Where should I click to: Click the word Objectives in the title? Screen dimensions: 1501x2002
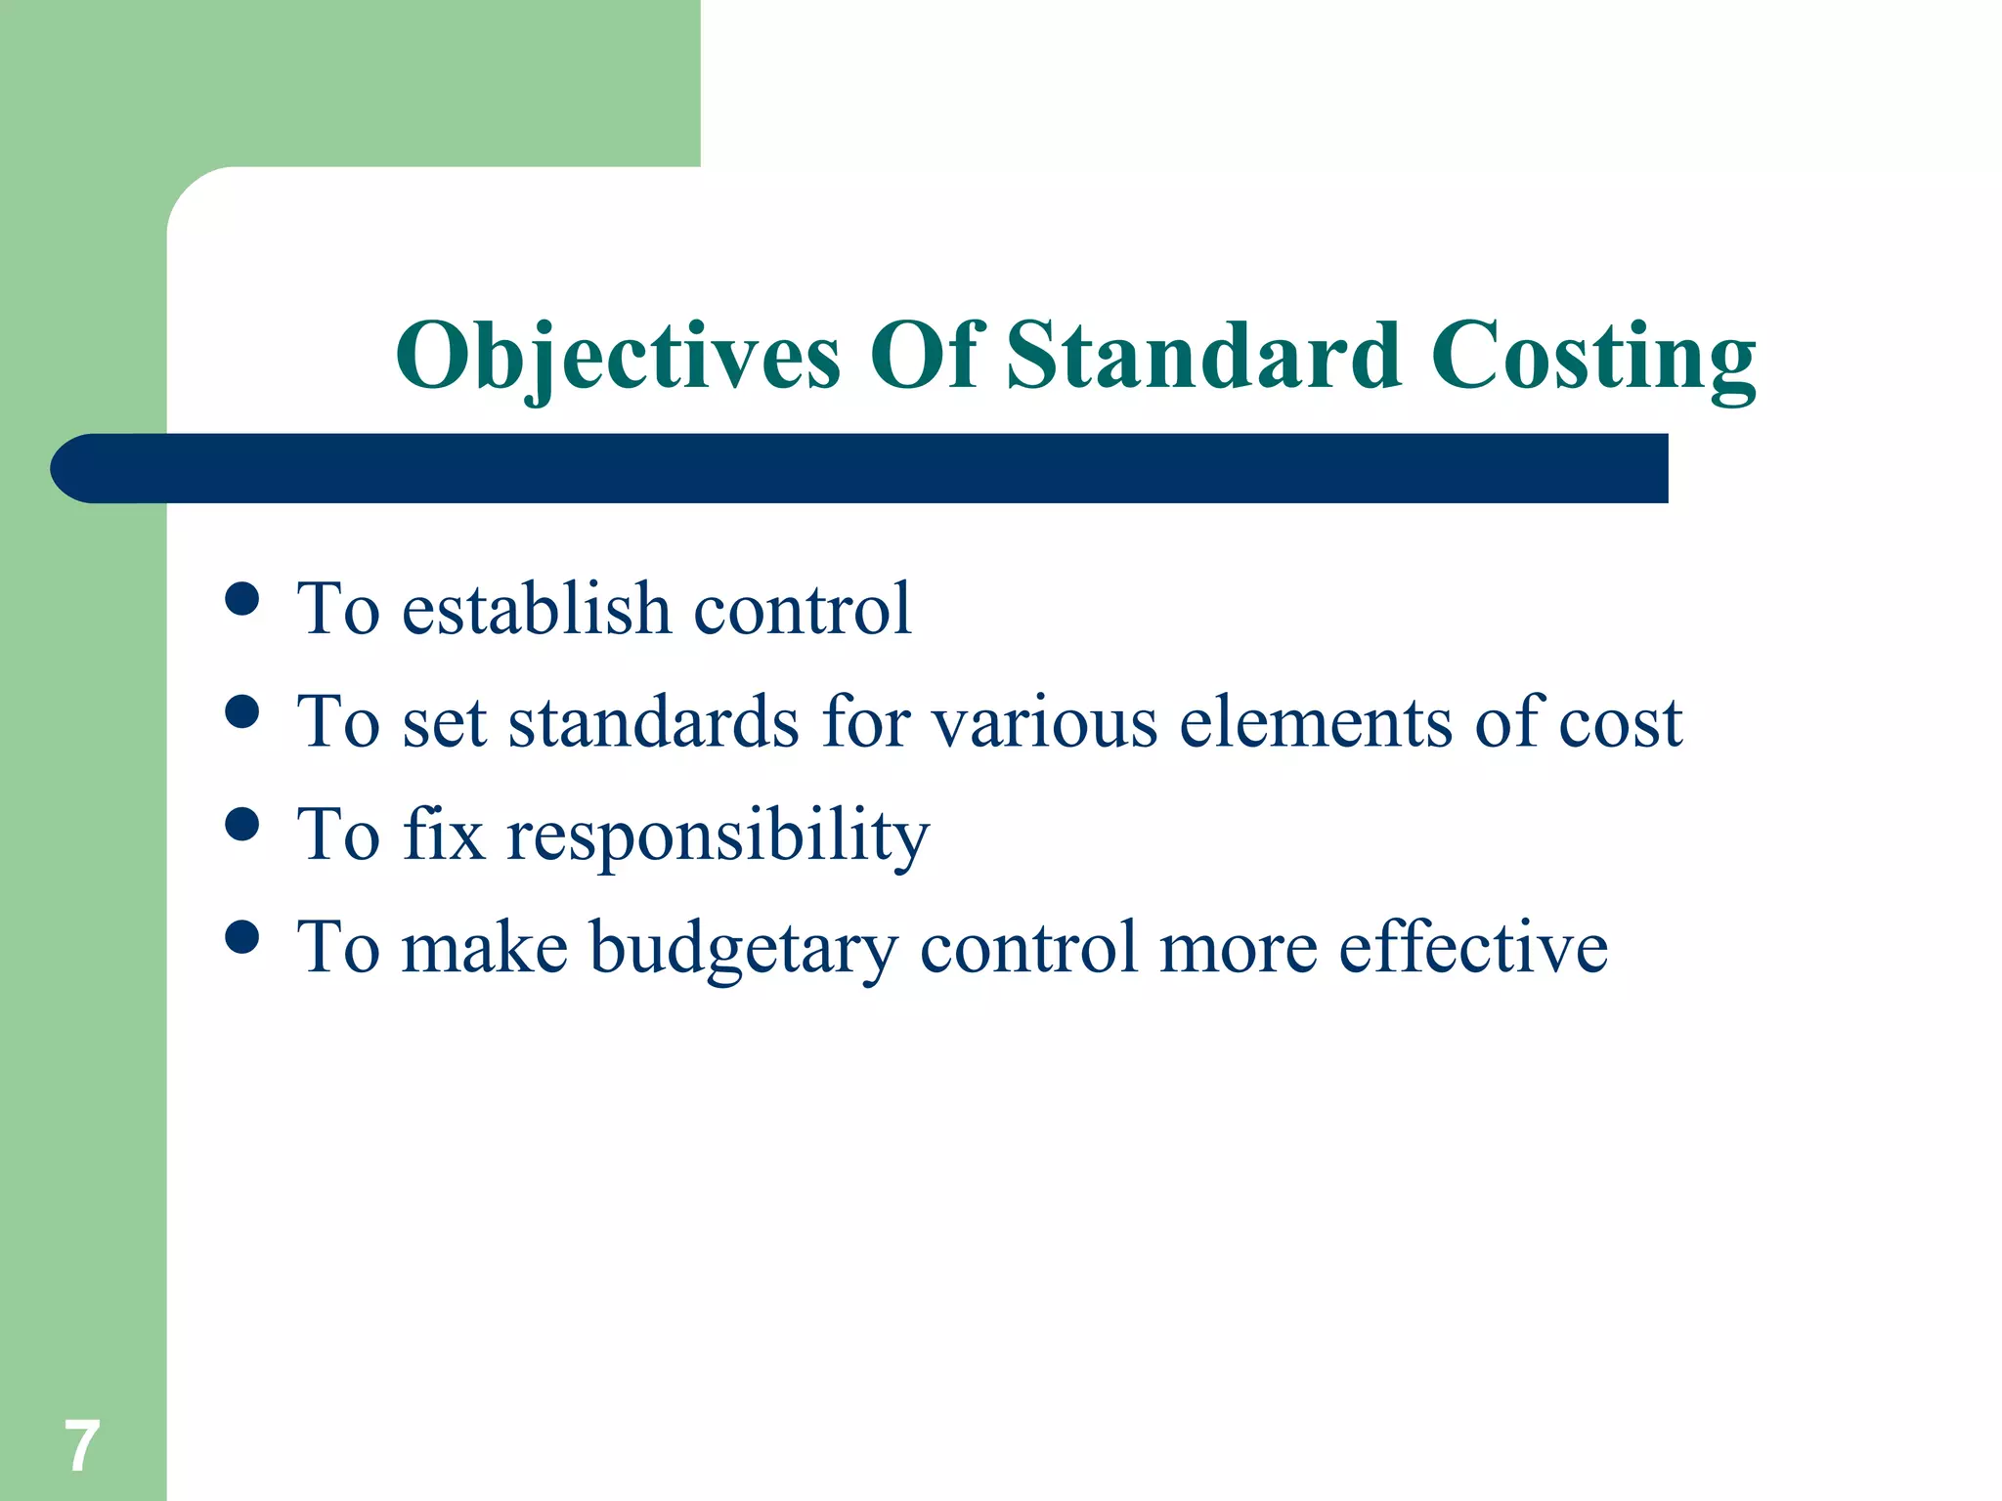click(x=618, y=356)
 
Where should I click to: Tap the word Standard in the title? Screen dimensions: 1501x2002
click(x=1203, y=356)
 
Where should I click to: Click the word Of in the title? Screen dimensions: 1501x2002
click(x=924, y=356)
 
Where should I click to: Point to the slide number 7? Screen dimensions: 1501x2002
click(x=82, y=1446)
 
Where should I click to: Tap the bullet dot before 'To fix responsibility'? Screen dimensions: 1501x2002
click(x=241, y=824)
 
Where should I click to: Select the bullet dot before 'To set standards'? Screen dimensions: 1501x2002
click(x=241, y=711)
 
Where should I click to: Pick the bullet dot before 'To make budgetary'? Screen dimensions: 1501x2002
click(x=241, y=937)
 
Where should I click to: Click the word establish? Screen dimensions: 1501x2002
click(x=536, y=610)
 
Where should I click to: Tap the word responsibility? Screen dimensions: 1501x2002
click(x=718, y=836)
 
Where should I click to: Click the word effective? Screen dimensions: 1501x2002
click(x=1473, y=948)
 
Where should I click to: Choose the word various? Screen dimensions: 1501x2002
click(x=1044, y=723)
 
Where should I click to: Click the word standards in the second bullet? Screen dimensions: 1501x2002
click(x=654, y=723)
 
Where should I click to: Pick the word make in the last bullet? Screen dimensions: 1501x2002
click(x=485, y=948)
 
